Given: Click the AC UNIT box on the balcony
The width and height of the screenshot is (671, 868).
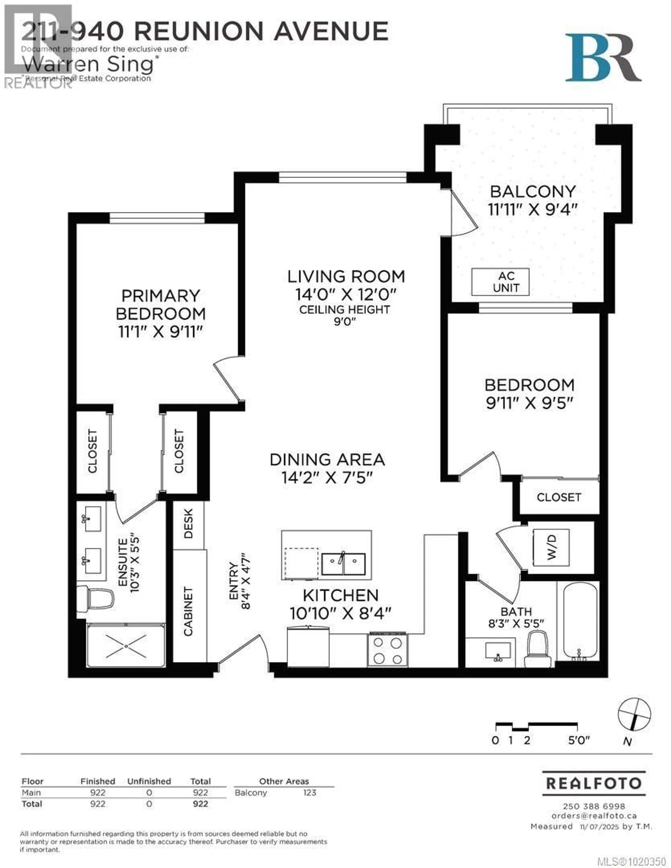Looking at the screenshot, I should pos(500,282).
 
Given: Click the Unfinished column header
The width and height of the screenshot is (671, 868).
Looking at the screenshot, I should pos(149,781).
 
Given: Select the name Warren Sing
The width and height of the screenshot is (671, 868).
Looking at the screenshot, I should pos(88,64).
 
